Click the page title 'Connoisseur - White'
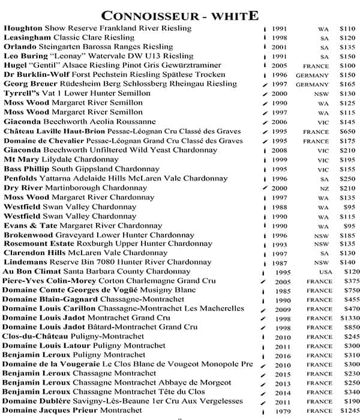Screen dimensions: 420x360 tap(180, 14)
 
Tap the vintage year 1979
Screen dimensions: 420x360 tap(283, 411)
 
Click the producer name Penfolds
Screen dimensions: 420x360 tap(22, 178)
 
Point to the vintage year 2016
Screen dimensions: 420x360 tap(283, 355)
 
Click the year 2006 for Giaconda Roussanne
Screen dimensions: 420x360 tap(280, 122)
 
